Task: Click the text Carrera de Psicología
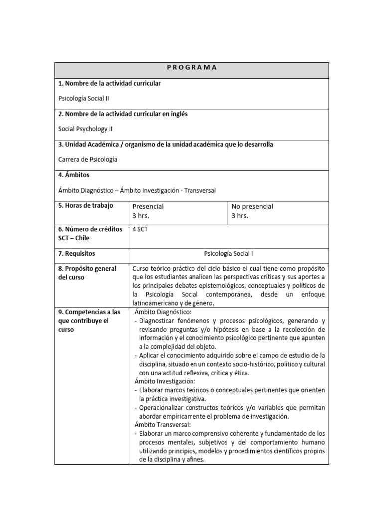pos(88,159)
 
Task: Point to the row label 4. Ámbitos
pos(74,175)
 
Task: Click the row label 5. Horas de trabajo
pos(86,206)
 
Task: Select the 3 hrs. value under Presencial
pos(141,216)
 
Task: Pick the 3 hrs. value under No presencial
pos(240,216)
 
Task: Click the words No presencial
pos(252,206)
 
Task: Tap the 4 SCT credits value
pos(140,230)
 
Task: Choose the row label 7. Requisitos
pos(77,254)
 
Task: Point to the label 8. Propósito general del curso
pos(87,273)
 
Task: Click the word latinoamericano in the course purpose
pos(154,303)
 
